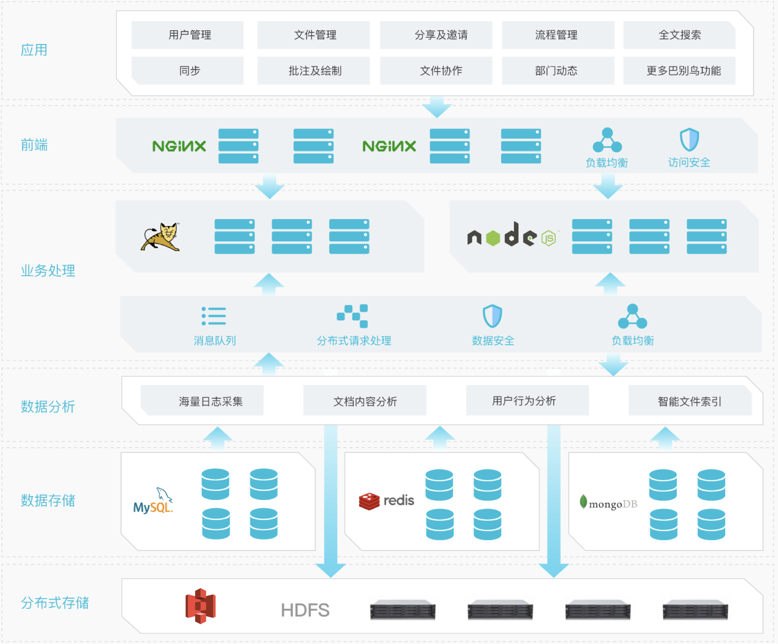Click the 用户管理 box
click(x=188, y=35)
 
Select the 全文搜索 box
click(x=679, y=35)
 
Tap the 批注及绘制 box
click(x=313, y=71)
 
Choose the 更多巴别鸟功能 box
click(x=679, y=71)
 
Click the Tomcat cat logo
click(x=161, y=237)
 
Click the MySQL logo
click(x=153, y=501)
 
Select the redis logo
click(x=387, y=501)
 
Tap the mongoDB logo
click(x=609, y=503)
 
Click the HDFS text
click(x=305, y=610)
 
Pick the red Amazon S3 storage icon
click(x=201, y=606)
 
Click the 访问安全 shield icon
click(x=689, y=139)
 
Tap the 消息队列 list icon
click(x=214, y=316)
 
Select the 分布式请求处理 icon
click(x=352, y=316)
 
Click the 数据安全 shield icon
click(x=492, y=316)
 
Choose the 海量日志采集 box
click(x=202, y=400)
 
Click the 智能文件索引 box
click(x=690, y=400)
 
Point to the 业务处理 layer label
click(x=48, y=271)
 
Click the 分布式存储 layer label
click(x=55, y=603)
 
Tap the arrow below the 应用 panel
click(x=437, y=107)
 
